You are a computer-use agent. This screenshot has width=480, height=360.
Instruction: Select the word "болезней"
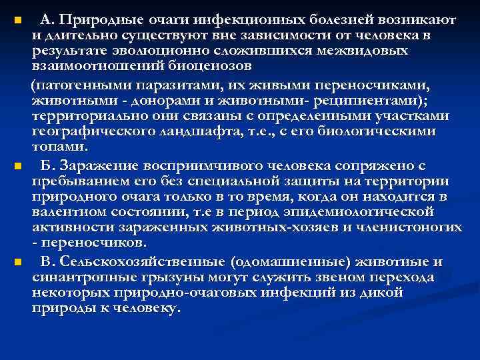(x=336, y=19)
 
